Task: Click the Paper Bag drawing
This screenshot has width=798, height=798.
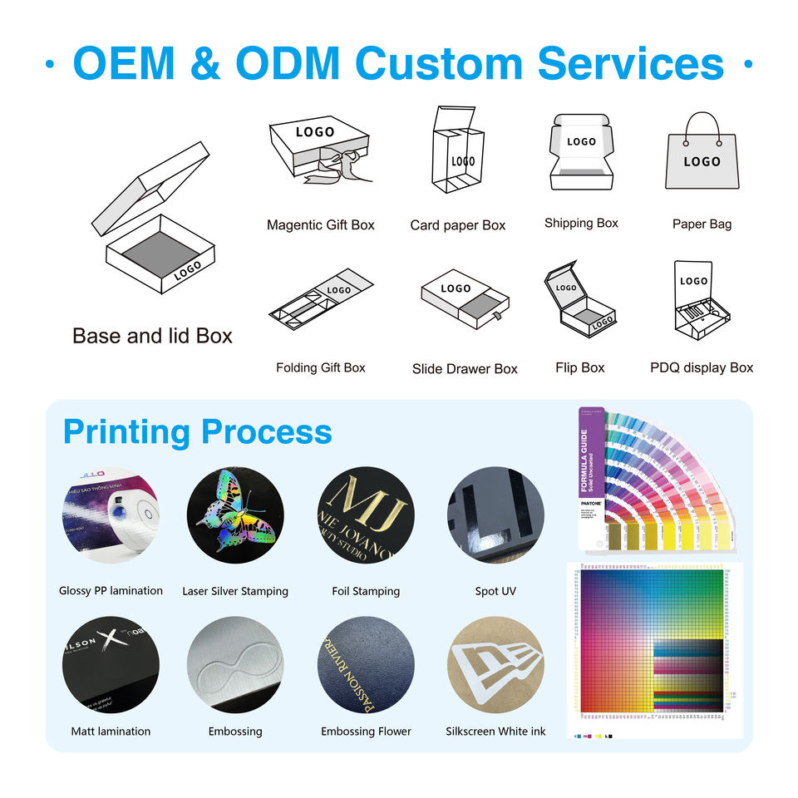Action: click(x=702, y=154)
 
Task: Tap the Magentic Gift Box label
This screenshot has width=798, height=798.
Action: click(x=320, y=225)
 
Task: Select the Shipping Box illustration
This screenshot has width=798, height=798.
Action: click(x=581, y=154)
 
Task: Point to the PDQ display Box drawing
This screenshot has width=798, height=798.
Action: click(x=700, y=303)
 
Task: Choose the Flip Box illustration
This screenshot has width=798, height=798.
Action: click(x=580, y=301)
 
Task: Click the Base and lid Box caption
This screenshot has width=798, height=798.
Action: click(x=152, y=336)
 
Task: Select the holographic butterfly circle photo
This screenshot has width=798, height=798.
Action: click(x=234, y=515)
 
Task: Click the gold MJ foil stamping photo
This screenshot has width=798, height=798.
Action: click(x=366, y=515)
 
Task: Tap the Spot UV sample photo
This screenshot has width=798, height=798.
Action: click(x=495, y=515)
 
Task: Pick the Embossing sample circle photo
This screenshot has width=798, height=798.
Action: click(x=234, y=664)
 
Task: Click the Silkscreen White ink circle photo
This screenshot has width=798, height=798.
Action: click(x=495, y=664)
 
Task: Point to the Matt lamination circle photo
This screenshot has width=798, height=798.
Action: click(x=111, y=664)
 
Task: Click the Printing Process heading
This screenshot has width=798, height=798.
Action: click(x=198, y=432)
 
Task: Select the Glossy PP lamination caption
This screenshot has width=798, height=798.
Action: click(x=111, y=591)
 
